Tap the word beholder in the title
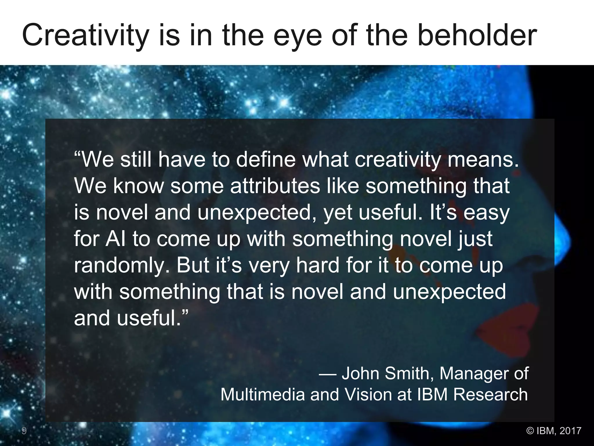[477, 35]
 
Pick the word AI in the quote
[116, 239]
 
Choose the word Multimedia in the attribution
[262, 394]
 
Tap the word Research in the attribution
[490, 394]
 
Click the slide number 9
[24, 431]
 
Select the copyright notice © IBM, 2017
[554, 430]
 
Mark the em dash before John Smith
[328, 374]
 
